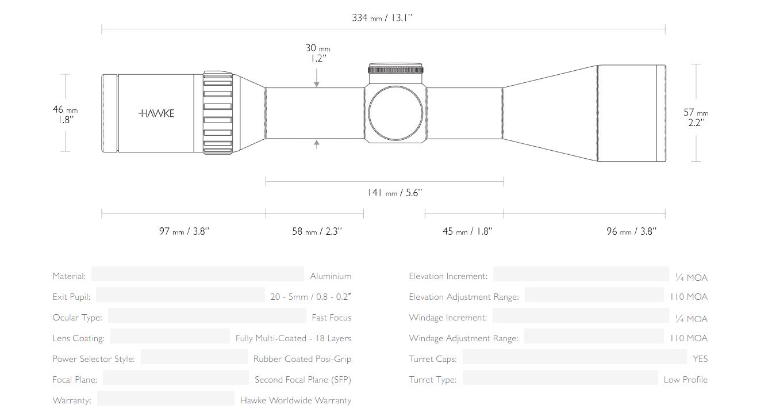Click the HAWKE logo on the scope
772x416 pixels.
coord(156,113)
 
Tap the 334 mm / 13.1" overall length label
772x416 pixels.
coord(382,18)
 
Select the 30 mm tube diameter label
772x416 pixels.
coord(318,53)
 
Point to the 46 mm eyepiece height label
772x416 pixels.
coord(65,115)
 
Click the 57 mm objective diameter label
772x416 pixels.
coord(696,117)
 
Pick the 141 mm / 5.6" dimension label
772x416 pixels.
coord(395,193)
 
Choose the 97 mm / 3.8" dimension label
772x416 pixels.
coord(184,231)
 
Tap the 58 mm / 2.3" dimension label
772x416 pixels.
coord(317,231)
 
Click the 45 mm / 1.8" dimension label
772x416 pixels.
coord(467,231)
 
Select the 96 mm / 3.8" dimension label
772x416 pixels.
coord(631,231)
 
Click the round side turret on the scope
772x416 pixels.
coord(395,113)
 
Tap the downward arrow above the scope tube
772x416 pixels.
coord(316,78)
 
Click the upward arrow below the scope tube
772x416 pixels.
coord(316,144)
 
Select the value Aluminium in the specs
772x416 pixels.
coord(331,276)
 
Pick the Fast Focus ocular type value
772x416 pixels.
coord(332,318)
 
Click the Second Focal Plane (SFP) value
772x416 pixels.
coord(303,379)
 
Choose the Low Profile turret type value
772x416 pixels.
coord(686,379)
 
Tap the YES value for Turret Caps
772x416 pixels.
coord(700,358)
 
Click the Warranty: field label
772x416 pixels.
coord(72,400)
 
